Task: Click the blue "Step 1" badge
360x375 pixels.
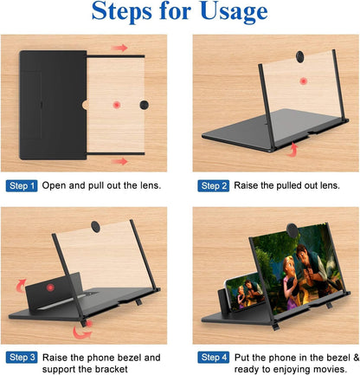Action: pos(22,185)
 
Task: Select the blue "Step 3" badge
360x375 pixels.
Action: pos(22,356)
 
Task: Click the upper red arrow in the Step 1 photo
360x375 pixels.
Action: pos(119,48)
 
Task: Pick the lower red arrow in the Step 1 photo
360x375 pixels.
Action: pos(119,160)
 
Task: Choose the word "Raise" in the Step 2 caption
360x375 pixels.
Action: pos(249,185)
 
